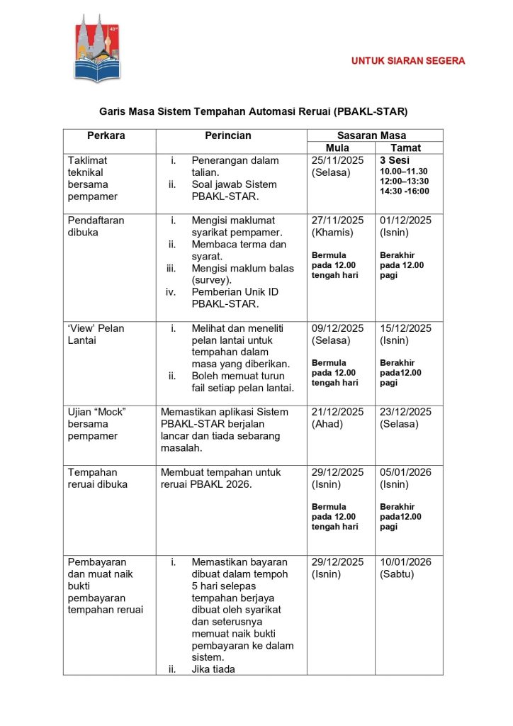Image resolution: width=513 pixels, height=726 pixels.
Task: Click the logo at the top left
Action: tap(97, 48)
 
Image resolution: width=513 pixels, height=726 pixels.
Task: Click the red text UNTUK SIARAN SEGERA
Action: tap(408, 61)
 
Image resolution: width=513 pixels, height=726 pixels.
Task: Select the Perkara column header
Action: tap(106, 135)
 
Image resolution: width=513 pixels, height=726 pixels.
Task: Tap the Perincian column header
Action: tap(228, 135)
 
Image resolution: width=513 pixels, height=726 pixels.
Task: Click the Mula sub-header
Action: tap(337, 148)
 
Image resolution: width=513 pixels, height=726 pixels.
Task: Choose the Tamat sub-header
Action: tap(406, 148)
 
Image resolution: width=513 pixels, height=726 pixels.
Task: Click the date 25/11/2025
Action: tap(337, 160)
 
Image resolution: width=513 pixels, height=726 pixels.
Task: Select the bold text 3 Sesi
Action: tap(394, 160)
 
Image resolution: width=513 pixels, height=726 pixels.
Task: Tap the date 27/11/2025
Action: tap(337, 220)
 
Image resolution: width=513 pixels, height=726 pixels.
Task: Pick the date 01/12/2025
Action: tap(406, 220)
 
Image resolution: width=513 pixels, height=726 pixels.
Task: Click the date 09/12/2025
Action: tap(337, 328)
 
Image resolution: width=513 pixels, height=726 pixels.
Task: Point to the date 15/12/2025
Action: tap(406, 328)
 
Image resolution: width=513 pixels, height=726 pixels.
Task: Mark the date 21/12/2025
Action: tap(337, 412)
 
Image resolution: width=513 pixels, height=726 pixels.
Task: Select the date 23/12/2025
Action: tap(406, 412)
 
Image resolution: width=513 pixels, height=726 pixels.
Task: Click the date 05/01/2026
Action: tap(406, 472)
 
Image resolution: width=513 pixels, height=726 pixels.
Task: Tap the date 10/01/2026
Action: tap(406, 562)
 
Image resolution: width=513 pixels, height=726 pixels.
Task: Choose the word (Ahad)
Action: tap(327, 424)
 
